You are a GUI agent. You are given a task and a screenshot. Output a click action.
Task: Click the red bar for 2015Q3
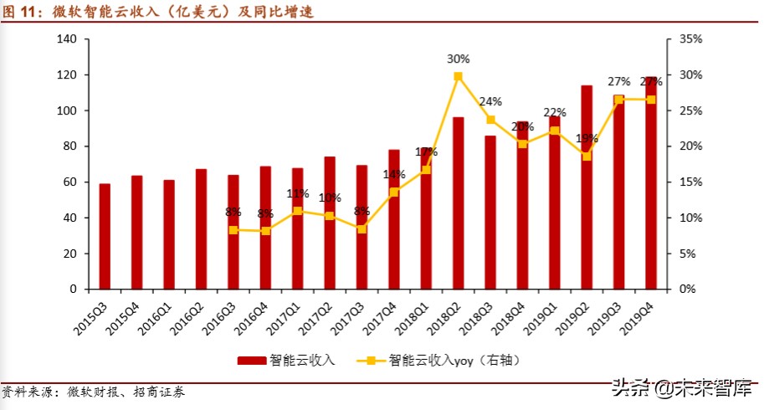(105, 236)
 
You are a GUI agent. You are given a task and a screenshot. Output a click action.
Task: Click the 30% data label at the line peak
(458, 59)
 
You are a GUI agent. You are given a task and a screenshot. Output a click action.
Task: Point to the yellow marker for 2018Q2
(458, 76)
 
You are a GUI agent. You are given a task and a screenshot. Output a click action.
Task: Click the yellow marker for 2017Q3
(361, 228)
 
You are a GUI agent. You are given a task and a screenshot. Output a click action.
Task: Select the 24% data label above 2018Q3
(490, 102)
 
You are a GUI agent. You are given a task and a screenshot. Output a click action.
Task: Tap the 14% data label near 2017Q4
(394, 174)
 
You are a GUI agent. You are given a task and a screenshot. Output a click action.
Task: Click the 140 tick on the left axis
(68, 39)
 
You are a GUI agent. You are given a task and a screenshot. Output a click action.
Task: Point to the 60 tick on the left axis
(71, 182)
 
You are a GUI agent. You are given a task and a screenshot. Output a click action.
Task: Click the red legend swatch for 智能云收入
(251, 361)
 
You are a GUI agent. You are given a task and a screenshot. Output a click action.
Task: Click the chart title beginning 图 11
(159, 12)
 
